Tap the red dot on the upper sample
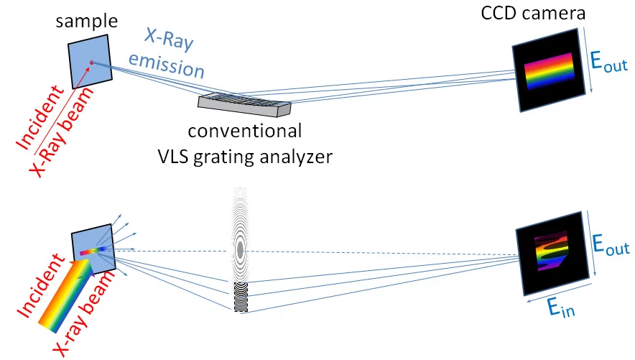tap(92, 63)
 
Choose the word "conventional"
tap(244, 131)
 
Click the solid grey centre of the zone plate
tap(240, 249)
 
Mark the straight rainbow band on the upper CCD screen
tap(550, 73)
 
